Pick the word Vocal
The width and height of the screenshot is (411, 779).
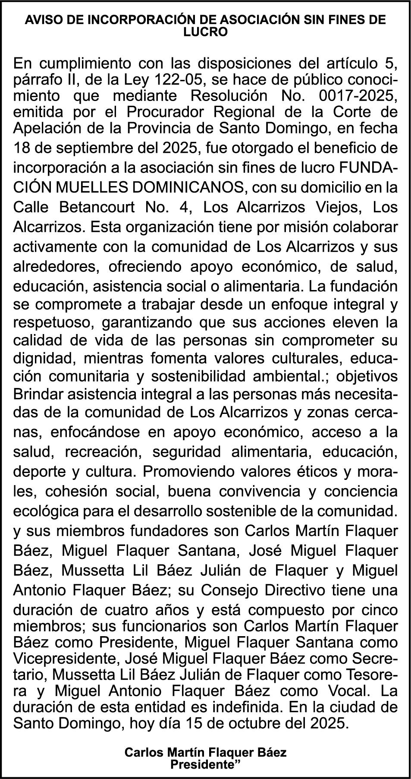tap(348, 691)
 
